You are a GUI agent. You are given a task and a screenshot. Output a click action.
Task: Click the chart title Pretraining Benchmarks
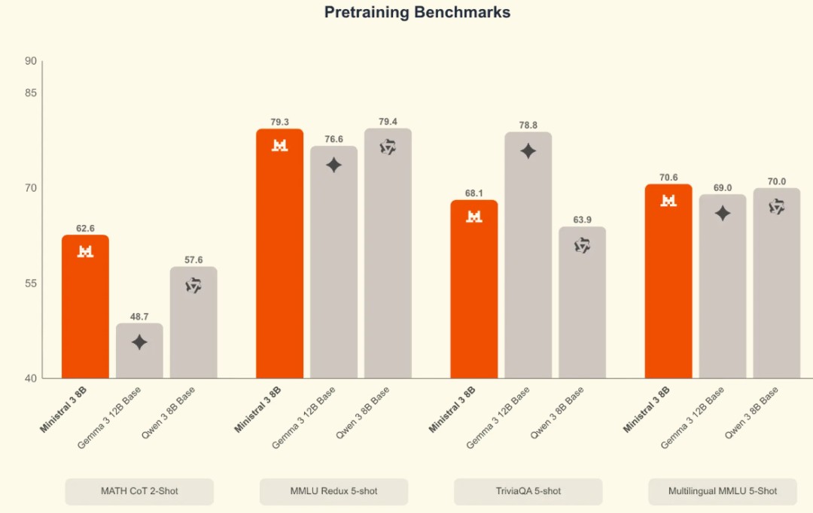pos(417,13)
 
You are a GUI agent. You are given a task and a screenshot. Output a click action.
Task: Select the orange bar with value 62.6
pos(85,308)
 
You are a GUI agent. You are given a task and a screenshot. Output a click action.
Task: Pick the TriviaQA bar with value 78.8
pos(528,256)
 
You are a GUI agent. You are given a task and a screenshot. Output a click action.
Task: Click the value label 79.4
pos(388,121)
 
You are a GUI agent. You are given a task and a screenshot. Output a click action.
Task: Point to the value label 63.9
pos(582,220)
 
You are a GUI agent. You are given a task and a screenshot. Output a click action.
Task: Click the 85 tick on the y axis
pos(31,93)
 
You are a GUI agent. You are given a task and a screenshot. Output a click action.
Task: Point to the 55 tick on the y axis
pos(31,284)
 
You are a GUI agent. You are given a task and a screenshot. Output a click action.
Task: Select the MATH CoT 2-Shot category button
pos(139,491)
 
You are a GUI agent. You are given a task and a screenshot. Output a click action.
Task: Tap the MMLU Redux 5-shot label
pos(333,491)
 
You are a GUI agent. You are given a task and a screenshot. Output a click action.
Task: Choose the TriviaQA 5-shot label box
pos(528,491)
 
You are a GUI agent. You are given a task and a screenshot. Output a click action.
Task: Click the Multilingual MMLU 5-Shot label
pos(723,491)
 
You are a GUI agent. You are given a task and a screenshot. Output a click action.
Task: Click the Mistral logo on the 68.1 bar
pos(474,217)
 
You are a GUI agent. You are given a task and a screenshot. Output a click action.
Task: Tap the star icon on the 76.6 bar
pos(333,165)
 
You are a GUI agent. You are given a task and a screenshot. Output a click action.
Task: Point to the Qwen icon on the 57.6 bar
pos(193,285)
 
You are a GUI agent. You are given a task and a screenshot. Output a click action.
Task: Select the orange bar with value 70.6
pos(668,282)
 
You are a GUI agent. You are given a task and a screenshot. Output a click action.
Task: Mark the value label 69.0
pos(723,187)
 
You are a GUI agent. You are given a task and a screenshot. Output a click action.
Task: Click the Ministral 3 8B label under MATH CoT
pos(64,410)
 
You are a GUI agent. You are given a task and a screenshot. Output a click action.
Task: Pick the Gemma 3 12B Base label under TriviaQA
pos(498,417)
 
